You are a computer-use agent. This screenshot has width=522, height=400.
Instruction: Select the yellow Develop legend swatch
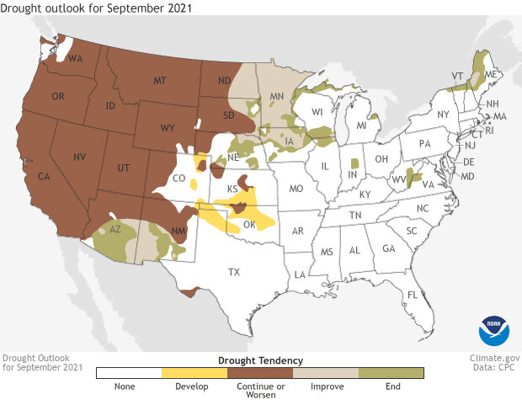[195, 372]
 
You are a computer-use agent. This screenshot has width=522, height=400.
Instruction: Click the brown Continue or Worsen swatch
[260, 372]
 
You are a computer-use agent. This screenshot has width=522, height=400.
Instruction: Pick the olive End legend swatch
[391, 372]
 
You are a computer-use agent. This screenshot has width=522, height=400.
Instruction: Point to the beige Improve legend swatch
[326, 372]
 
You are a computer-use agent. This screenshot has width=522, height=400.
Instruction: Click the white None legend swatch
[130, 372]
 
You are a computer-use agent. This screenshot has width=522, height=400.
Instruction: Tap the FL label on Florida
[413, 295]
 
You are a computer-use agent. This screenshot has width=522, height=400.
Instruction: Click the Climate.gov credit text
[493, 357]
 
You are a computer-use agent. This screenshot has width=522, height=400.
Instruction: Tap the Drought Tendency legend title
[260, 360]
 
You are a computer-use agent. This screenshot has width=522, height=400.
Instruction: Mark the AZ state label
[117, 229]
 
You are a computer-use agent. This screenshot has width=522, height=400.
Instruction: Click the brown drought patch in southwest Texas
[189, 292]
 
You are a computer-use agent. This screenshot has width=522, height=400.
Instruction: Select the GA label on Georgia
[388, 248]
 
